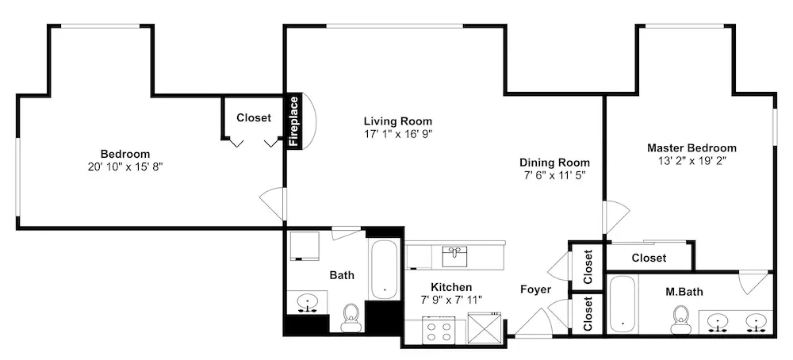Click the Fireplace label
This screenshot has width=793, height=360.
click(294, 121)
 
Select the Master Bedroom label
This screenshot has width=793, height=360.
click(691, 148)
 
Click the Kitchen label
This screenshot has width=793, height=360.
click(452, 287)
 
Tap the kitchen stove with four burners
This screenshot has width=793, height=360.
click(439, 330)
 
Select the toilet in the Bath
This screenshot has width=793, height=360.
click(351, 317)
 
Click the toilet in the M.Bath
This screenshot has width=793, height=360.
click(680, 319)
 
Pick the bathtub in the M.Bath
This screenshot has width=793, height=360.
click(622, 304)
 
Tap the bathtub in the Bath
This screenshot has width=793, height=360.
click(385, 270)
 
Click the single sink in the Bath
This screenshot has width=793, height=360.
click(307, 302)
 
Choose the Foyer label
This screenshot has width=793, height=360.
click(535, 289)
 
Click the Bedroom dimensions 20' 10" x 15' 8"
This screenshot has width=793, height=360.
click(125, 167)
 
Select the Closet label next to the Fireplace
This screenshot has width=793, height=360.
click(254, 118)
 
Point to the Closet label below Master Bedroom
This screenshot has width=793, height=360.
click(649, 258)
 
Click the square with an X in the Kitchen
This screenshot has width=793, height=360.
click(484, 328)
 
